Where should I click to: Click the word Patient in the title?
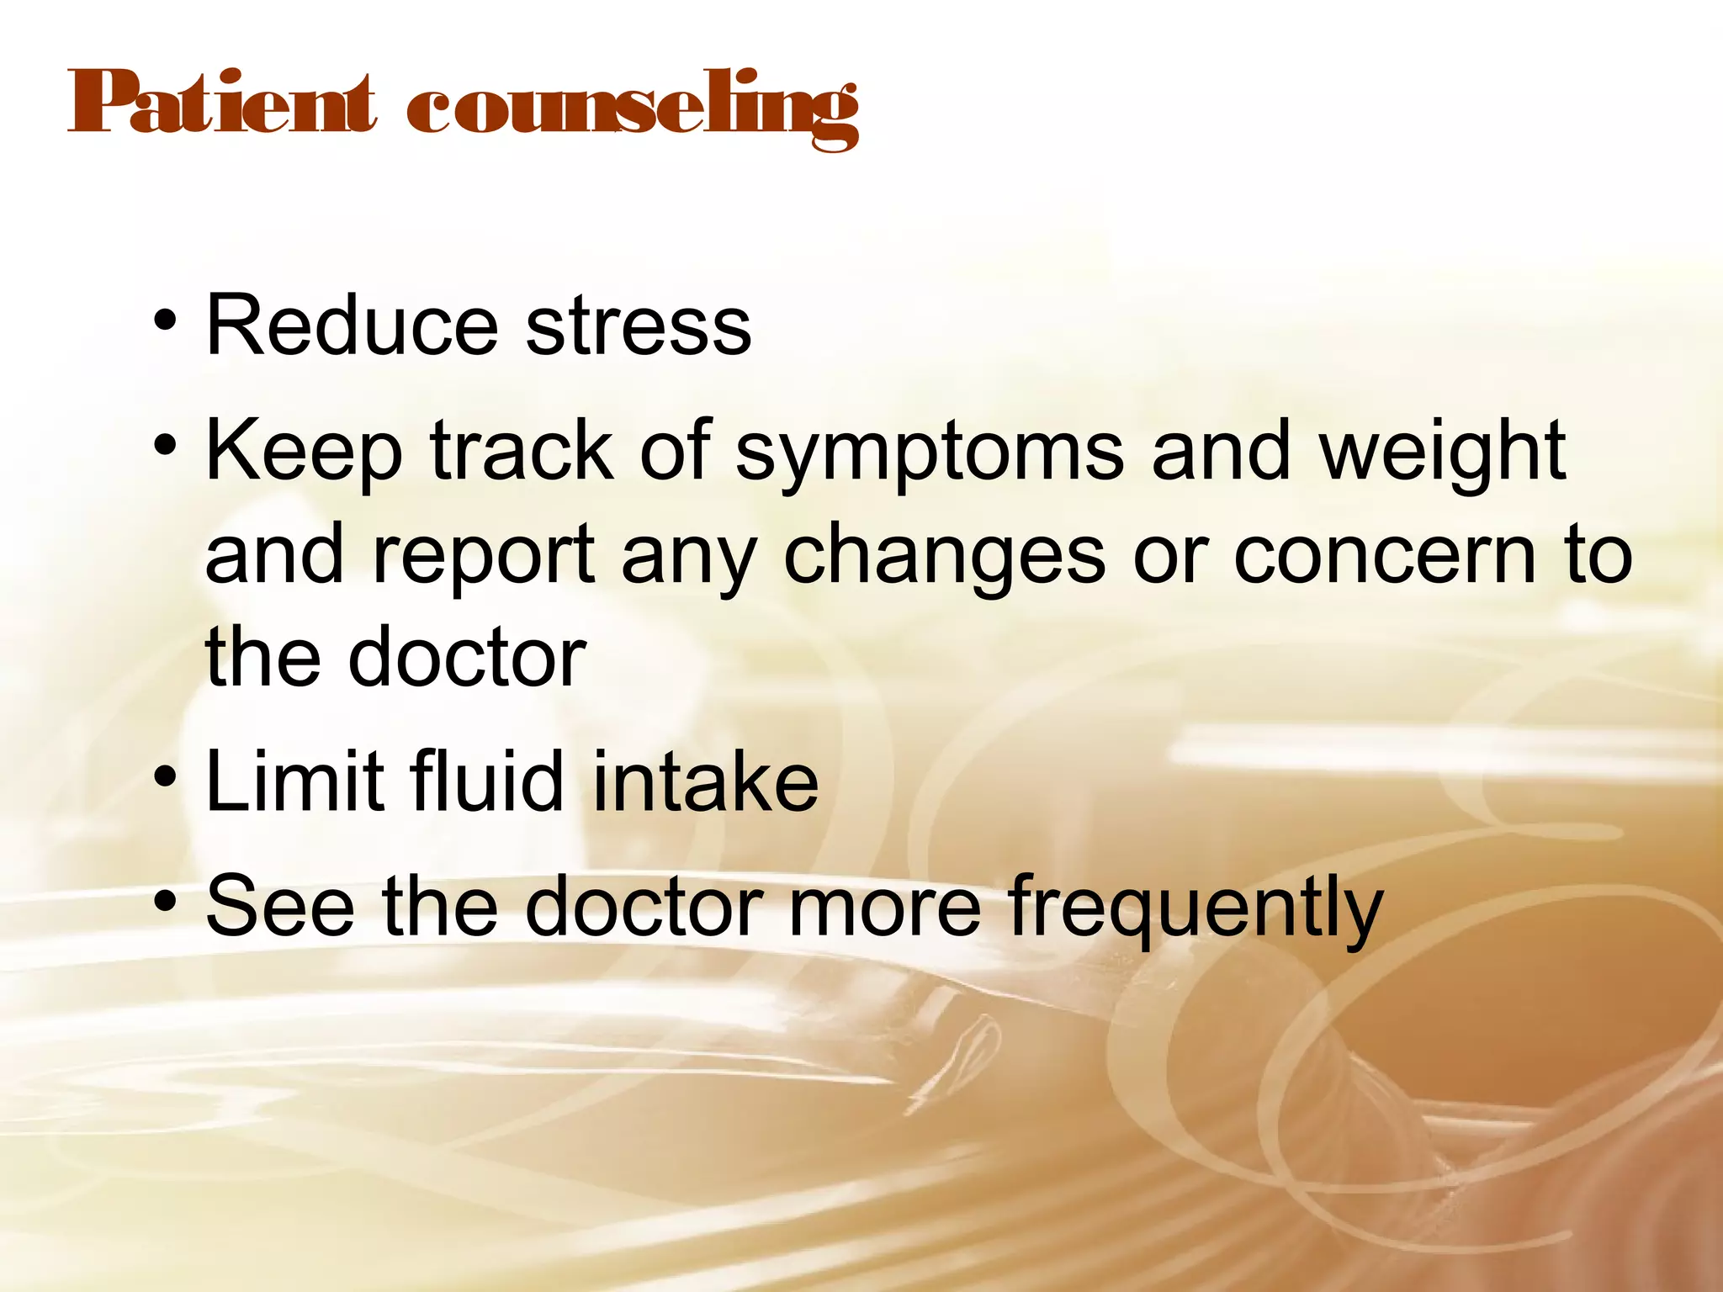(220, 104)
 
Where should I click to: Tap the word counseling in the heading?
(633, 109)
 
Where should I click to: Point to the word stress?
(639, 326)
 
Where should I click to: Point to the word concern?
(1385, 555)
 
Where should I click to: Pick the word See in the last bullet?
(280, 906)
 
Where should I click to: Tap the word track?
(522, 453)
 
